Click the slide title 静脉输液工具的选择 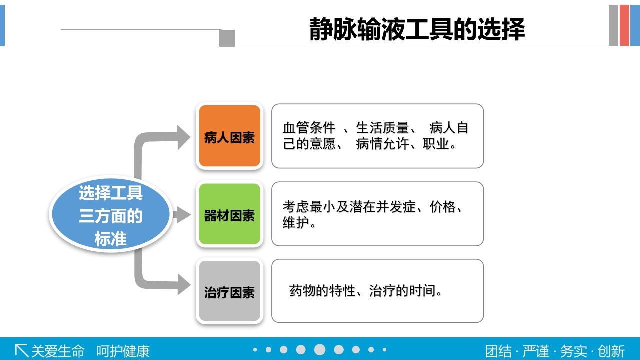pos(417,29)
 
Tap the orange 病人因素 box pos(230,136)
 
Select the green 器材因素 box pos(230,214)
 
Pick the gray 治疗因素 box pos(230,291)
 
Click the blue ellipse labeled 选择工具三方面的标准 pos(111,215)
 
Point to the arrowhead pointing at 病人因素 pos(183,137)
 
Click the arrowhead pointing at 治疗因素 pos(183,284)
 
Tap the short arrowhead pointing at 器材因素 pos(183,215)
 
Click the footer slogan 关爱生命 pos(58,351)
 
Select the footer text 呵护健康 pos(123,351)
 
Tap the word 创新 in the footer pos(611,351)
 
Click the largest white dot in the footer pos(320,350)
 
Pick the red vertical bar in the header pos(624,25)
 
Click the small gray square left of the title pos(227,38)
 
